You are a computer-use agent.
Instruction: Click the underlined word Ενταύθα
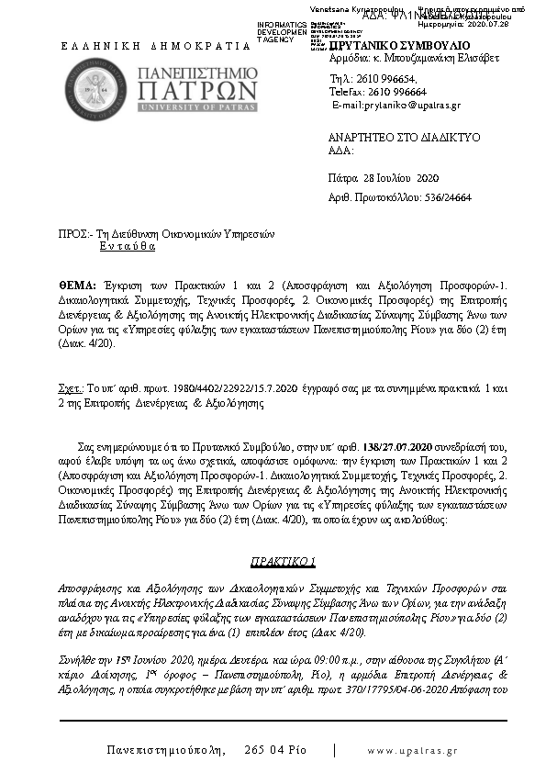(128, 247)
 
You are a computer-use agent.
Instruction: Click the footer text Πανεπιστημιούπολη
(166, 750)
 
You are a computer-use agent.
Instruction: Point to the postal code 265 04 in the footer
(265, 750)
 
